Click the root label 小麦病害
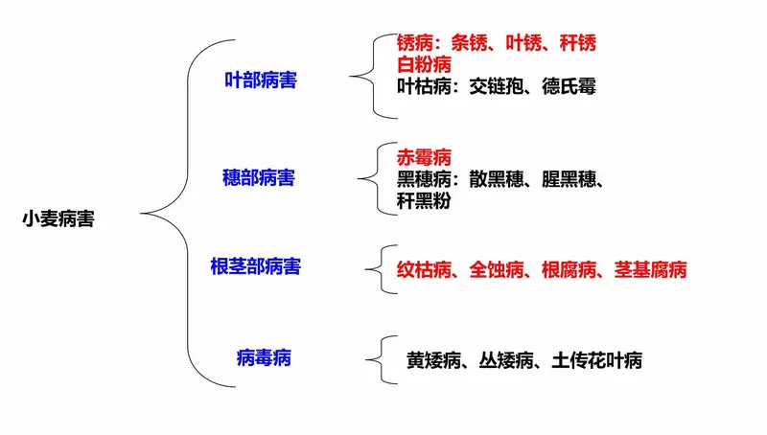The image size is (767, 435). tap(58, 218)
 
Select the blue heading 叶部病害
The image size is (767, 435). tap(261, 80)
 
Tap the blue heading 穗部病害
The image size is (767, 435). tap(259, 177)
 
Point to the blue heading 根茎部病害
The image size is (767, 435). tap(256, 266)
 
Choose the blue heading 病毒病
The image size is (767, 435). tap(265, 357)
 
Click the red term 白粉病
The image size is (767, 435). tap(424, 64)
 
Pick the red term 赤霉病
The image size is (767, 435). tap(424, 157)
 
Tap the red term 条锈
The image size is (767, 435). tap(470, 43)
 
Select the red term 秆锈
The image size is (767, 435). tap(578, 43)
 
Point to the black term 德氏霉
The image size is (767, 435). tap(569, 86)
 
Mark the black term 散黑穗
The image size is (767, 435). tap(497, 179)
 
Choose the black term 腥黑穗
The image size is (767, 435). tap(569, 179)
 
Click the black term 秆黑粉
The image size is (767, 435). tap(424, 200)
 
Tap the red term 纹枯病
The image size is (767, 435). tap(424, 269)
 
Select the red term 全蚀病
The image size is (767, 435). tap(497, 269)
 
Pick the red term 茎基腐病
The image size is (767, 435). tap(651, 269)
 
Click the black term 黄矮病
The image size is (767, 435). tap(434, 360)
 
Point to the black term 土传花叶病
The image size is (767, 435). tap(596, 360)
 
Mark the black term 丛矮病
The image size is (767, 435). tap(506, 360)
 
